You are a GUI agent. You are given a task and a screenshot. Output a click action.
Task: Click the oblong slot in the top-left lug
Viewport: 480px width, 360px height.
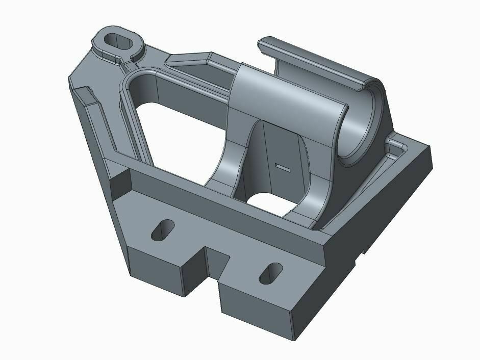coord(118,40)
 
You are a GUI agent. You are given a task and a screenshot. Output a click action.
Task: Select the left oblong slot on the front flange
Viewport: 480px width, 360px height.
coord(163,230)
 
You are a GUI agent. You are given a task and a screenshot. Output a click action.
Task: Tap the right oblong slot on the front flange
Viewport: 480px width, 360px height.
coord(271,273)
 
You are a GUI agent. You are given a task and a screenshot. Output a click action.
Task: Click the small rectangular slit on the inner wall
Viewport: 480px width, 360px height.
coord(282,166)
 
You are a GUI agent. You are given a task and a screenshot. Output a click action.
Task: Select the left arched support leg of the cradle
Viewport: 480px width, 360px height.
coord(230,163)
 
